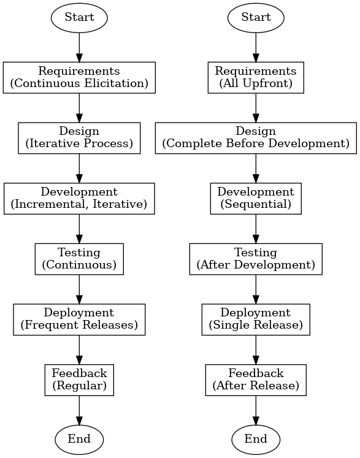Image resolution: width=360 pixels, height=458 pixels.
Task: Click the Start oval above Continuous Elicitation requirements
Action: click(79, 18)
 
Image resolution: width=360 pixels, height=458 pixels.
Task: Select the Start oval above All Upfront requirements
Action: click(256, 18)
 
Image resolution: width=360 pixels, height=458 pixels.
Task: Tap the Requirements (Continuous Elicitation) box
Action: click(79, 77)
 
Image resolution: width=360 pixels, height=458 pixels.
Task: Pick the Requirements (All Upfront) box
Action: click(256, 77)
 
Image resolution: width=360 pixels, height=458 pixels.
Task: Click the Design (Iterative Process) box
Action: click(79, 138)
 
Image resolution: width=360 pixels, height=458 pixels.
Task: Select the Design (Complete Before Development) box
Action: click(256, 138)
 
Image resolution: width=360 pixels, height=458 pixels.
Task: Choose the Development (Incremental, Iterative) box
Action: click(79, 199)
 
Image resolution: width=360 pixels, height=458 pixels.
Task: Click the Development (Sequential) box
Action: click(256, 199)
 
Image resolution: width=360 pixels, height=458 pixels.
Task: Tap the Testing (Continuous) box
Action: click(79, 259)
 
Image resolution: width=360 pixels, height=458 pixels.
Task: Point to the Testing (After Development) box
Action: click(256, 259)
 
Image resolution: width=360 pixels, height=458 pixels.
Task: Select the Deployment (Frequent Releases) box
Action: click(79, 319)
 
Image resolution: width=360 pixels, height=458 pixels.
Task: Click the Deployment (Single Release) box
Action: click(256, 319)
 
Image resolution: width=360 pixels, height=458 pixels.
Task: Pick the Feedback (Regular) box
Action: click(79, 380)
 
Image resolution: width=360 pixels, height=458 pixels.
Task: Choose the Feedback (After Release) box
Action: click(256, 380)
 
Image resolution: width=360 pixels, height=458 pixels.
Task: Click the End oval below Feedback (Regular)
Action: click(79, 440)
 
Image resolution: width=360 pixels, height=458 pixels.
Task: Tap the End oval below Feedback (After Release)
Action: click(256, 440)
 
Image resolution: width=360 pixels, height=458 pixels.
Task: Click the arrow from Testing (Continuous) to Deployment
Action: click(79, 289)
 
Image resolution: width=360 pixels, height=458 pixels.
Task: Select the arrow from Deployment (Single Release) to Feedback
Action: click(256, 350)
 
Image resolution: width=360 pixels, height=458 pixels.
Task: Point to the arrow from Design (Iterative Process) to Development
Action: click(79, 169)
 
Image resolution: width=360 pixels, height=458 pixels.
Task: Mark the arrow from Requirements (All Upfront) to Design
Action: click(256, 108)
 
